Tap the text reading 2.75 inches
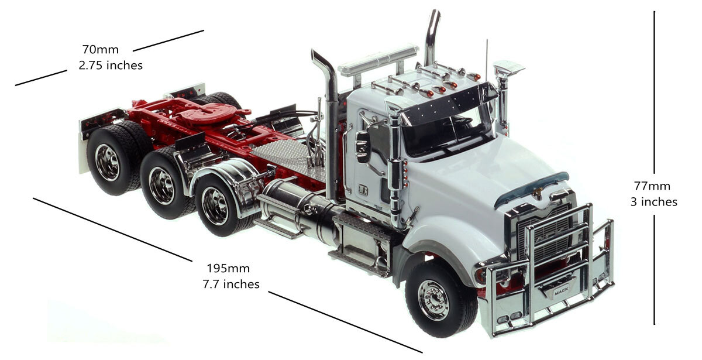pyautogui.click(x=111, y=65)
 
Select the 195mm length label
pyautogui.click(x=228, y=269)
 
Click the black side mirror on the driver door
pyautogui.click(x=362, y=146)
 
